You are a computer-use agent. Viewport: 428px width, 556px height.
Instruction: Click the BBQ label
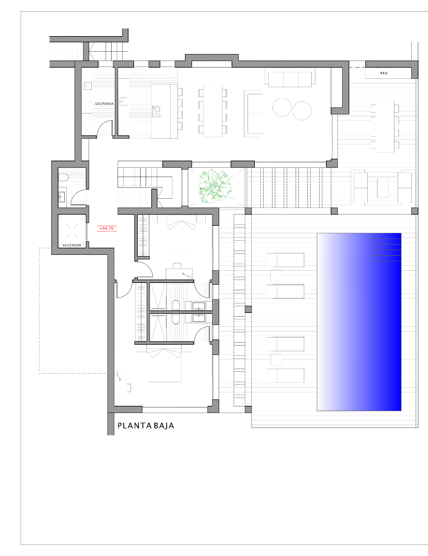[384, 73]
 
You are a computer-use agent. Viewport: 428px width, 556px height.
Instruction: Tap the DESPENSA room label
[104, 104]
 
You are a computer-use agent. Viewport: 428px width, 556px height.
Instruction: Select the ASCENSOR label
[72, 245]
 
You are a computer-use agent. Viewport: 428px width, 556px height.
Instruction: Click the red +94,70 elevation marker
[107, 229]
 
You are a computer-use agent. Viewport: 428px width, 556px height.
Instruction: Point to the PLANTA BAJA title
[146, 426]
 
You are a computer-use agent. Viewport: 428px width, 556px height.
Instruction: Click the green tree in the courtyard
[214, 186]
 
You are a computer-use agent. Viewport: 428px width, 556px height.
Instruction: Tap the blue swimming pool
[359, 322]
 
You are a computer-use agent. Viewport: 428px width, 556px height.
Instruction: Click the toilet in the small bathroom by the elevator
[63, 177]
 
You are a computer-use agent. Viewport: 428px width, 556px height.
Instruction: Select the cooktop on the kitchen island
[157, 111]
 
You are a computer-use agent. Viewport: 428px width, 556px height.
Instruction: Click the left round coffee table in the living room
[282, 107]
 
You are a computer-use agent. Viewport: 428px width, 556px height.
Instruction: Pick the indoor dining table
[213, 111]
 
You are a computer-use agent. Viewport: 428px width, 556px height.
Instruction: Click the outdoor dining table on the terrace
[385, 126]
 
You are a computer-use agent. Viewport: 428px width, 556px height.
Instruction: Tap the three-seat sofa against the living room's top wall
[290, 79]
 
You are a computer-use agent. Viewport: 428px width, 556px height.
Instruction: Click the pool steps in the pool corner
[387, 247]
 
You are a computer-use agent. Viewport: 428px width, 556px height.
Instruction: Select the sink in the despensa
[88, 86]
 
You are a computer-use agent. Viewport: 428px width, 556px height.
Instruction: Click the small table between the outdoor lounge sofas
[383, 187]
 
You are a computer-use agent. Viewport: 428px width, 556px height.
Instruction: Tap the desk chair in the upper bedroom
[177, 265]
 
